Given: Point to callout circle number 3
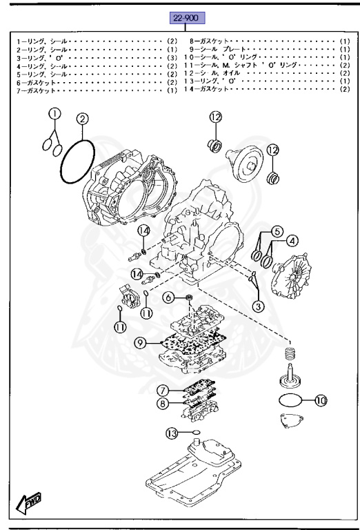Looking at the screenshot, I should (256, 305).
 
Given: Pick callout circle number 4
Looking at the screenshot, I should (292, 241).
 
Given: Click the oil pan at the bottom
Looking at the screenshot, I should (193, 476).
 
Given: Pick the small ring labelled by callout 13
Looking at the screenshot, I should (196, 436).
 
